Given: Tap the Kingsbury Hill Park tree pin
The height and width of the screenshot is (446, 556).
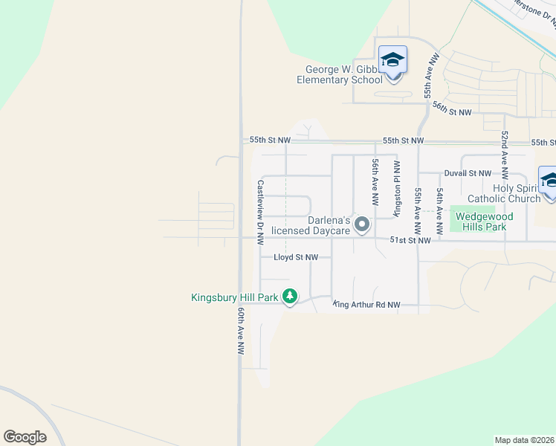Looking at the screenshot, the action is coord(290,297).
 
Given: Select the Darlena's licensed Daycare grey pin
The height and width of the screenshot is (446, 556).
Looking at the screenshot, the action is coord(362,224).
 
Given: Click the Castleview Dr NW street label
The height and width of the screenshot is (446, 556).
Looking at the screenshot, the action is coord(260,212).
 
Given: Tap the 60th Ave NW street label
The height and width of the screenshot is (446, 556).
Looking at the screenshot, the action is coord(241,332).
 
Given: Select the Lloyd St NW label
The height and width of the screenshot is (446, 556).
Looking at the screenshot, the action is coord(296,257).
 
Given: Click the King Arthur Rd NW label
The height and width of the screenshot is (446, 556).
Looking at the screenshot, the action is coord(366,304).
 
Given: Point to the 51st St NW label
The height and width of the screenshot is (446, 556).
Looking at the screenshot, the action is coord(411,240).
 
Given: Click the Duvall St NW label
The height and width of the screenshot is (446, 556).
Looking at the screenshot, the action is coord(468,173).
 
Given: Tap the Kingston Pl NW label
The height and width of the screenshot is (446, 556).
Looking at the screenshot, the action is coord(397,188).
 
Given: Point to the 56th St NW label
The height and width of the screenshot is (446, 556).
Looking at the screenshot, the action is coord(453,109).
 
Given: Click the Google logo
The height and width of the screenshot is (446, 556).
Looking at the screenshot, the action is coord(25,437).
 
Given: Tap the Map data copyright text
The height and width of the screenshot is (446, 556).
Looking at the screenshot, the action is coord(525,440).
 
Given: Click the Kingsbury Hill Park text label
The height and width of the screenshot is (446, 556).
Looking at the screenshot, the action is coord(234,298).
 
